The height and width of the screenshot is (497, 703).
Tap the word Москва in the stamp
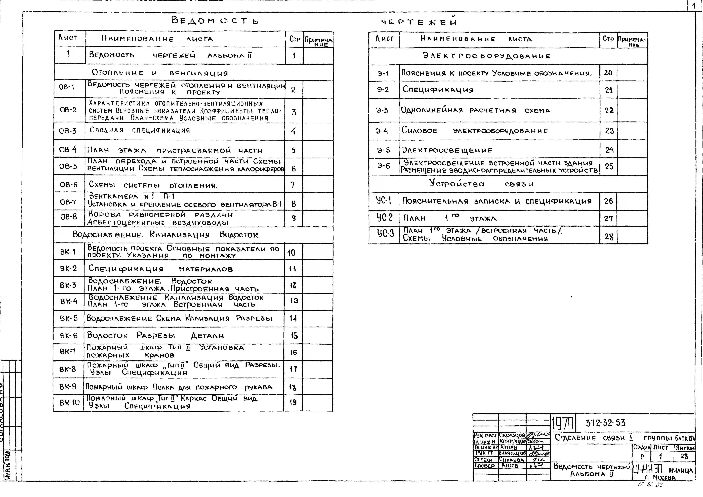(664, 477)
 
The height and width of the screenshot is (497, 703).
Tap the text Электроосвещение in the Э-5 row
(447, 150)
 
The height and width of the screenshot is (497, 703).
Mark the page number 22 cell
(609, 110)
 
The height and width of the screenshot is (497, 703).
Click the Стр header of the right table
(608, 39)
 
